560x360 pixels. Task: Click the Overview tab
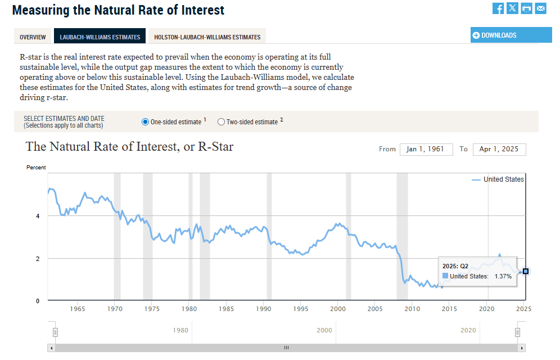point(33,37)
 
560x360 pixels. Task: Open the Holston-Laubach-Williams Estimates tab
point(207,37)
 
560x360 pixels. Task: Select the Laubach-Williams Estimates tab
point(100,37)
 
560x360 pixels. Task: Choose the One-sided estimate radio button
point(145,122)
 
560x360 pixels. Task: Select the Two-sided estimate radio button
point(221,122)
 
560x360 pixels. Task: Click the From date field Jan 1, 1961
point(426,149)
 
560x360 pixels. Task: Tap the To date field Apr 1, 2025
point(499,149)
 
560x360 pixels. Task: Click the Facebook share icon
point(498,8)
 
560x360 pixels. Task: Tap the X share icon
point(512,8)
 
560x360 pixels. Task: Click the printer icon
point(526,8)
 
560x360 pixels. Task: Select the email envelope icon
point(540,8)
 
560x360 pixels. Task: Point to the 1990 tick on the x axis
point(263,309)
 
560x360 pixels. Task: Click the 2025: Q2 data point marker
point(526,271)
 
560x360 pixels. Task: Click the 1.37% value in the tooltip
point(503,276)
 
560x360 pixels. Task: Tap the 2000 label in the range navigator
point(324,330)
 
